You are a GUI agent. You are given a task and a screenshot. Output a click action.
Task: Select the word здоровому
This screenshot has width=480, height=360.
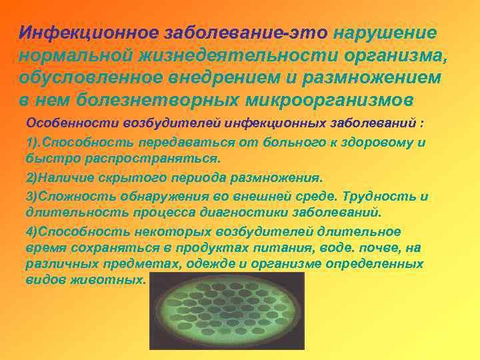[x=372, y=143]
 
